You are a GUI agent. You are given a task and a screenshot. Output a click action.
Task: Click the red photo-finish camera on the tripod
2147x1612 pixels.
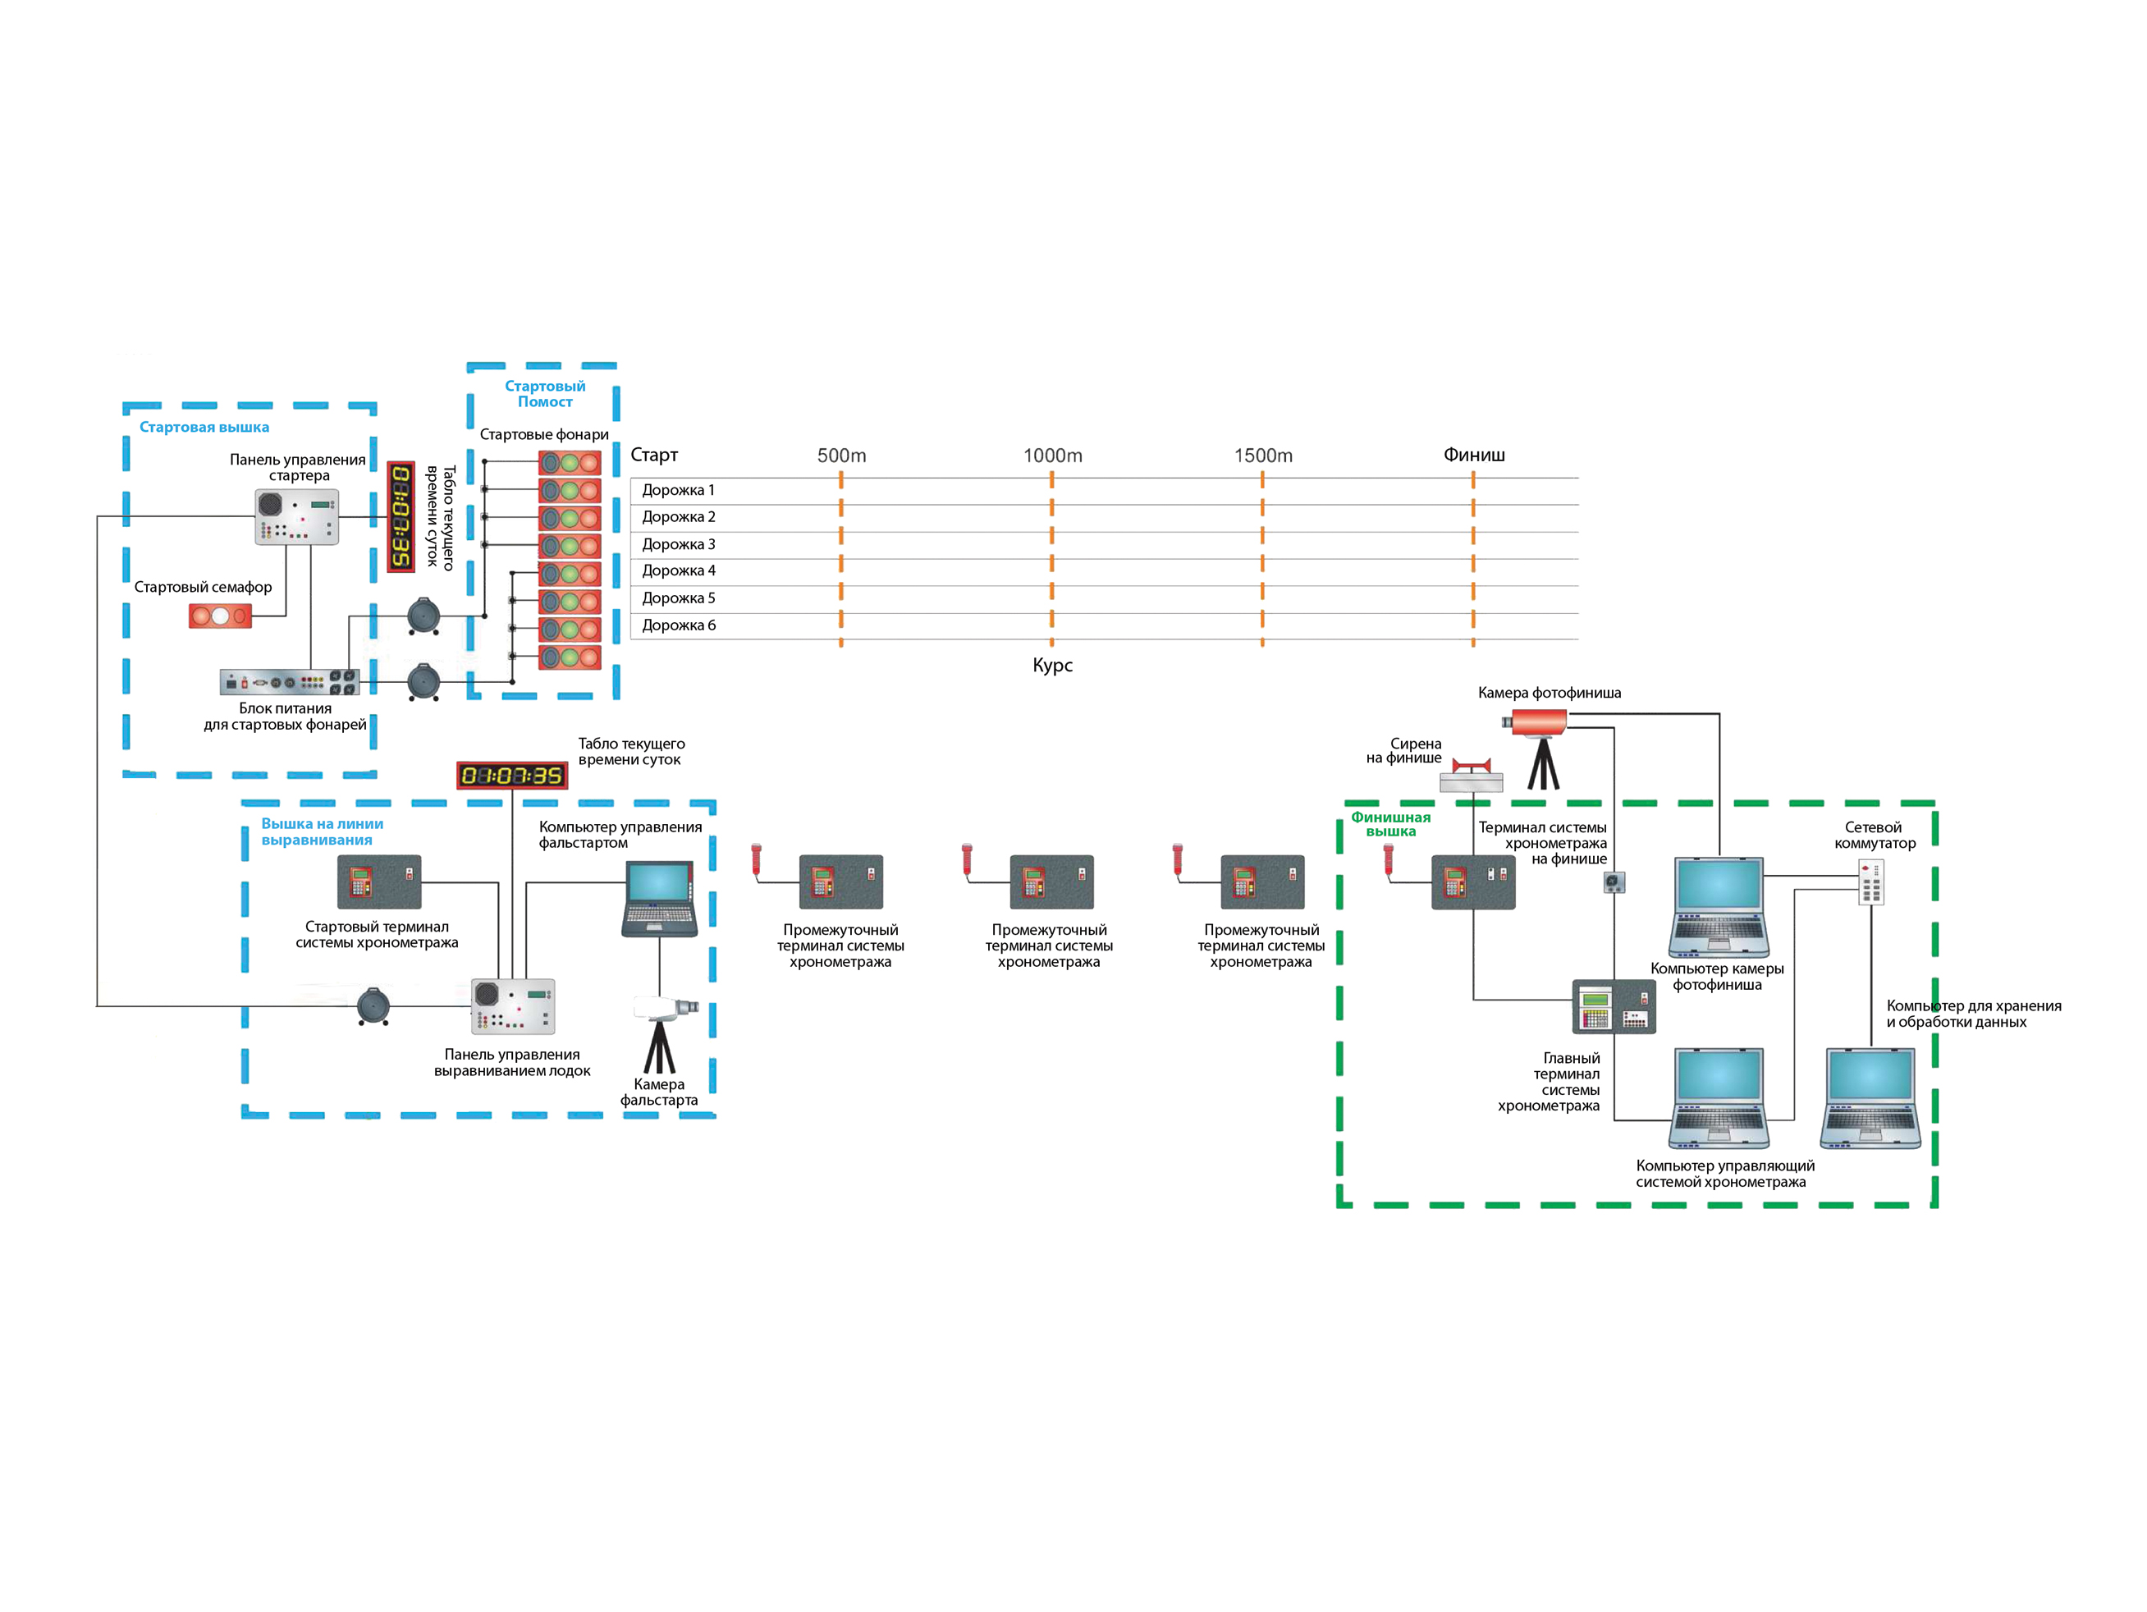tap(1537, 722)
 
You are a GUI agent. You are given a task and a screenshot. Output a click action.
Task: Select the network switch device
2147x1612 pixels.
tap(1870, 882)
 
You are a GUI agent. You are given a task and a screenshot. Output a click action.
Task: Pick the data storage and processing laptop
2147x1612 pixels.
tap(1870, 1097)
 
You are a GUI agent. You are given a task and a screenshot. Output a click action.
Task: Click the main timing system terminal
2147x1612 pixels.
tap(1614, 1006)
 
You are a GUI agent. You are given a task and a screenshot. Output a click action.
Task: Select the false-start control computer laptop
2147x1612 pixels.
tap(659, 899)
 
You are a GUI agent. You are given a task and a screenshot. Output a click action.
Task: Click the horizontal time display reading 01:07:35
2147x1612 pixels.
tap(511, 776)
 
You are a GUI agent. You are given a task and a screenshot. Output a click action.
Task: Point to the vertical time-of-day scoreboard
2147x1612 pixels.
tap(401, 516)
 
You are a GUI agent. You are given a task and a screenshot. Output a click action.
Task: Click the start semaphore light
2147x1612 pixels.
tap(220, 616)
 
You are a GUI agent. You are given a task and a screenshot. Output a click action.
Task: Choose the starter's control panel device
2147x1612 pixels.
tap(297, 517)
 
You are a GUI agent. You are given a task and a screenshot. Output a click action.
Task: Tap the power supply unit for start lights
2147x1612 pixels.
tap(289, 681)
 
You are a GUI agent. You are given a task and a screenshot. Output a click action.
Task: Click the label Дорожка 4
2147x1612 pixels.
tap(679, 570)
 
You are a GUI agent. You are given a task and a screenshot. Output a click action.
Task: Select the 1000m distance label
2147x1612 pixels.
tap(1052, 456)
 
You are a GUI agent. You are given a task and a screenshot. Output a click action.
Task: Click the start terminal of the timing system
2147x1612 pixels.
tap(378, 882)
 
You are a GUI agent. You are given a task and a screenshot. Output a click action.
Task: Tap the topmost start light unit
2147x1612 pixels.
tap(570, 463)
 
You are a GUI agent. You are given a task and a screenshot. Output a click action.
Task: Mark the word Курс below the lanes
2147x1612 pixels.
tap(1052, 666)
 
